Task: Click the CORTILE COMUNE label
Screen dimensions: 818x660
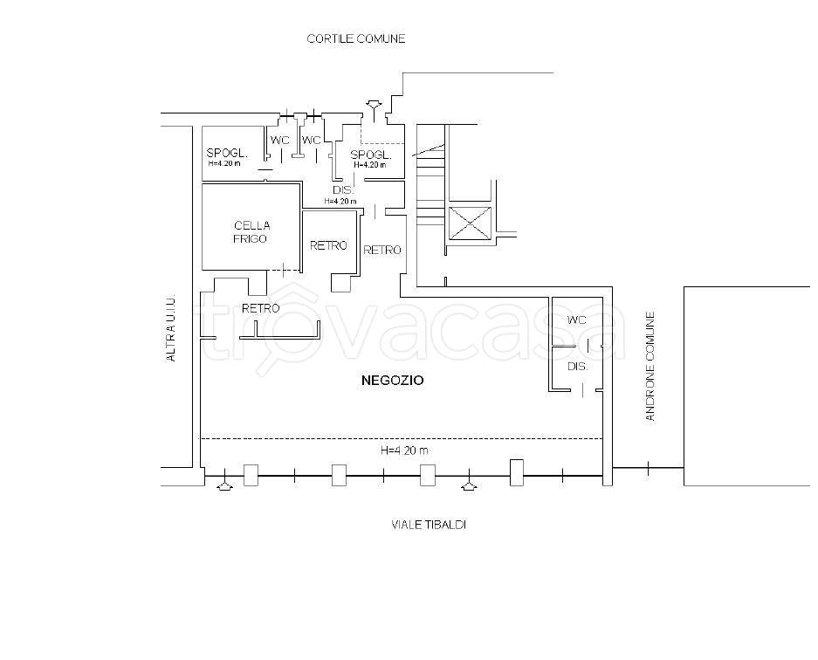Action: click(x=356, y=38)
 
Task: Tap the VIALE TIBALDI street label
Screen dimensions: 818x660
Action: click(x=429, y=525)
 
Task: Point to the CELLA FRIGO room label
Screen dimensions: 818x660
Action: click(x=251, y=232)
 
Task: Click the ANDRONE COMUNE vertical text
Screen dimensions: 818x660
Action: click(x=650, y=367)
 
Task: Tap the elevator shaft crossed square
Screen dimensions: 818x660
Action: click(x=470, y=223)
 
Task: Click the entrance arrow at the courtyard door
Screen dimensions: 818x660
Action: click(x=374, y=110)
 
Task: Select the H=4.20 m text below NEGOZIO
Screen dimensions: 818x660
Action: click(x=405, y=450)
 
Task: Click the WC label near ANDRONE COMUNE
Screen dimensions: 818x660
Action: click(x=576, y=320)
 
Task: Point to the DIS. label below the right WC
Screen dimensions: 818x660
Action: click(x=578, y=367)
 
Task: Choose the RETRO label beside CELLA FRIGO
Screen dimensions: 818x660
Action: click(x=328, y=245)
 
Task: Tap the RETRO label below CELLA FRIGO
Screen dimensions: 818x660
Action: click(x=261, y=308)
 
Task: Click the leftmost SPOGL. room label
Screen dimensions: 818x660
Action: click(x=227, y=154)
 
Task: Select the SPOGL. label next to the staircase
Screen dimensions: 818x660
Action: click(x=371, y=155)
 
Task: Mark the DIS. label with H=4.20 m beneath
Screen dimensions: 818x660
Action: click(x=343, y=190)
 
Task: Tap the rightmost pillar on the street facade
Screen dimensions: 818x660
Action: click(x=517, y=472)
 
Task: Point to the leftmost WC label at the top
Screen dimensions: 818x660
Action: click(x=279, y=141)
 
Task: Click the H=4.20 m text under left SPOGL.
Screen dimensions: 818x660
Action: click(x=224, y=163)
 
